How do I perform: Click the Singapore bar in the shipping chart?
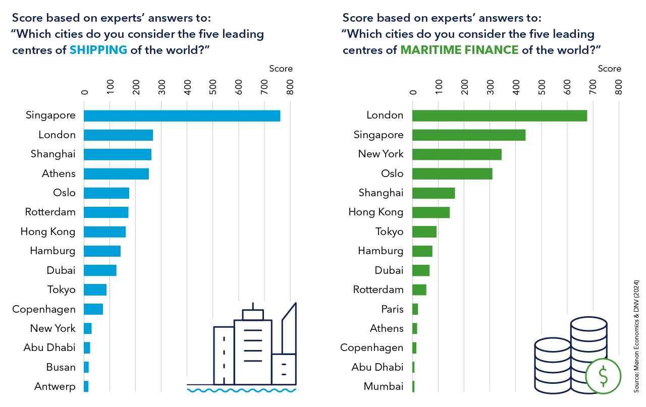coord(182,115)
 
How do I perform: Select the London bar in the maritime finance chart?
coord(500,115)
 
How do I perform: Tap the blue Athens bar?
coord(116,173)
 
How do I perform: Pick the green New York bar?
coord(457,154)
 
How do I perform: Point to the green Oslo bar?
coord(452,173)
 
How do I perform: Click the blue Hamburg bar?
coord(102,251)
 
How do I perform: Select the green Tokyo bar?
coord(424,232)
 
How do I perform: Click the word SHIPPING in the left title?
coord(98,50)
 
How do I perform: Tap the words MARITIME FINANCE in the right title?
coord(459,50)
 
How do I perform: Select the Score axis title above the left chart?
coord(281,69)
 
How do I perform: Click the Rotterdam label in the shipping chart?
coord(50,212)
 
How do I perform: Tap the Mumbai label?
coord(384,387)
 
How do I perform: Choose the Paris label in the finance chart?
coord(392,309)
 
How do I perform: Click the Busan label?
coord(61,367)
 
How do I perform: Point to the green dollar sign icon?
coord(603,375)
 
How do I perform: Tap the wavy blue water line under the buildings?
coord(241,390)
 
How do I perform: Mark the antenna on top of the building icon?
coord(253,306)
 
